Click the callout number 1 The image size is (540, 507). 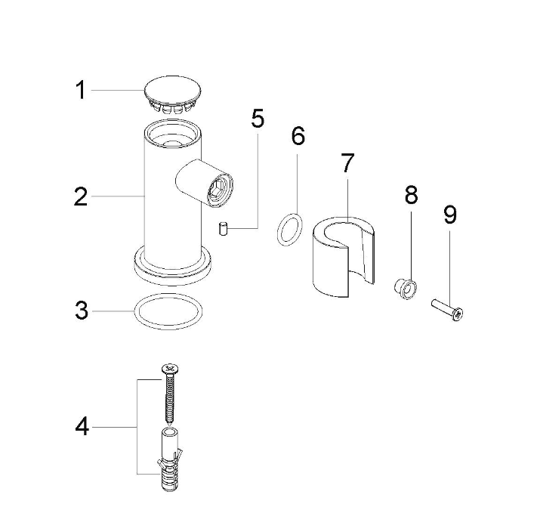pos(81,90)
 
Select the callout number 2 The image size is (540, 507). pos(81,196)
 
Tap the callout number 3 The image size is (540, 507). pos(82,311)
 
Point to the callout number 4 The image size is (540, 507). pos(82,426)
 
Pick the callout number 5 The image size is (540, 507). pos(258,118)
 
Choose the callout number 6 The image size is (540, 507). pos(298,136)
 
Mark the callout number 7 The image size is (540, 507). pos(347,163)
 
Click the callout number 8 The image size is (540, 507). pos(411,195)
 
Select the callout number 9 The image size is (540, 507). pos(449,215)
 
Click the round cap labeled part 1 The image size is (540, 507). pos(172,94)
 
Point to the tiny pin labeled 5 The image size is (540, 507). pos(224,229)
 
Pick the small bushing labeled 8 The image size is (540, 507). pos(405,289)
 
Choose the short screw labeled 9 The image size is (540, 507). pos(447,309)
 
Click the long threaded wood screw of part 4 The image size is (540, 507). pos(169,393)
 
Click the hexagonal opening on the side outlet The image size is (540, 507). pos(219,190)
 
